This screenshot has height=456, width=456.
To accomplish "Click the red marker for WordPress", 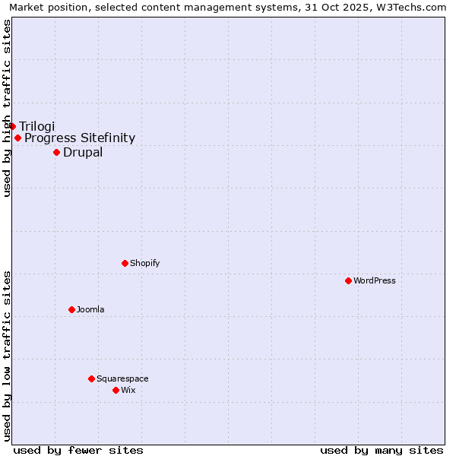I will click(348, 280).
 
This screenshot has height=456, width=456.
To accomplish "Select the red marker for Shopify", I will click(125, 263).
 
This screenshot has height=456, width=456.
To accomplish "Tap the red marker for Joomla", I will click(71, 309).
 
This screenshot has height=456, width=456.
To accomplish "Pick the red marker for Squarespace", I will click(91, 378).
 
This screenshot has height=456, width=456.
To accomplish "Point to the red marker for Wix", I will click(116, 390).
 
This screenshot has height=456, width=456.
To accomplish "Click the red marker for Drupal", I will click(56, 152).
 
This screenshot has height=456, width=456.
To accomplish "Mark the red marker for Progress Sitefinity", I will click(17, 138).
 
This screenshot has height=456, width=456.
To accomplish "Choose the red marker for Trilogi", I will click(12, 126).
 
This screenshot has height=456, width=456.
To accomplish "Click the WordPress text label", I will click(375, 280).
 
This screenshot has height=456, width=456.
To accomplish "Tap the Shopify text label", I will click(144, 263).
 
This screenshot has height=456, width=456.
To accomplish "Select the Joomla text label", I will click(90, 309).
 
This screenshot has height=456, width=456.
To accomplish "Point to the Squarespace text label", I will click(122, 378).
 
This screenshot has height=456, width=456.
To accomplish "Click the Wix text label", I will click(128, 390).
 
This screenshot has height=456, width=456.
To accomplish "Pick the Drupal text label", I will click(83, 152).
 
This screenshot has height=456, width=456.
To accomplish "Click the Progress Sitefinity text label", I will click(80, 138).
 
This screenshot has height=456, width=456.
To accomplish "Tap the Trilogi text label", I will click(37, 126).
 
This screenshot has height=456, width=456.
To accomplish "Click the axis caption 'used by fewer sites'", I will click(78, 450).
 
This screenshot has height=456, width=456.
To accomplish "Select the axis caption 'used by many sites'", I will click(382, 450).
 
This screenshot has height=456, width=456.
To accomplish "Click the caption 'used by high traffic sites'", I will click(8, 108).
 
